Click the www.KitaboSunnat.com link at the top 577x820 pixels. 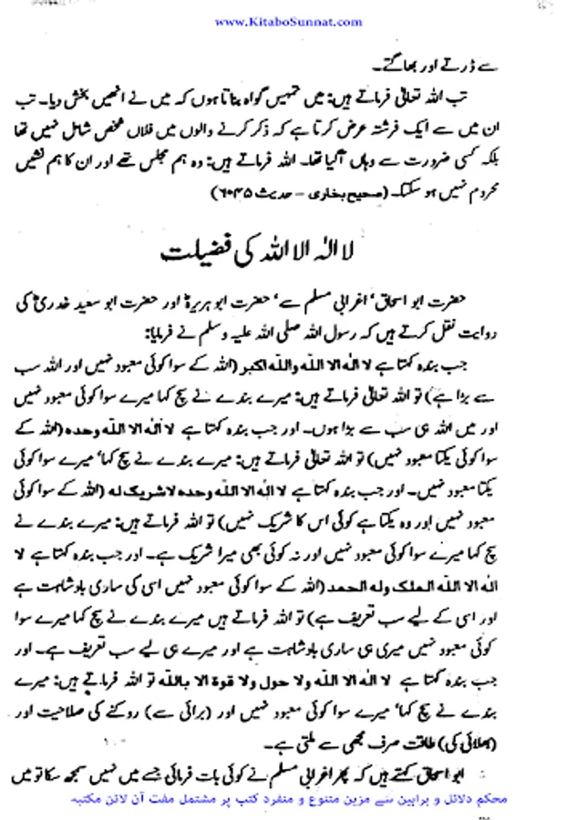coord(288,20)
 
